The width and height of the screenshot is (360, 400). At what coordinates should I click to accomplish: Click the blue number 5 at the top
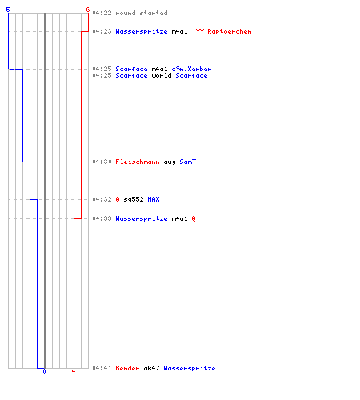tap(8, 10)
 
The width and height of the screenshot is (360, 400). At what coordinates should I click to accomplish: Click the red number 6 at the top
tap(88, 10)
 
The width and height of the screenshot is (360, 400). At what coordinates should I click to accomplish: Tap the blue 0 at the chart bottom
tap(44, 371)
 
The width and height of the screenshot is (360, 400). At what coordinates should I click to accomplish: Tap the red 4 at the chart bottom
tap(74, 371)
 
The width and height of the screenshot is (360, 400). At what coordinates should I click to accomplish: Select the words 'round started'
tap(142, 13)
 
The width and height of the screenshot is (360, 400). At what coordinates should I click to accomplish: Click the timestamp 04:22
tap(102, 13)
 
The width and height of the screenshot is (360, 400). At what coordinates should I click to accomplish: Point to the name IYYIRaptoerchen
tap(222, 31)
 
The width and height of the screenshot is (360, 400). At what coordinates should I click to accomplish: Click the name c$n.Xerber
tap(191, 69)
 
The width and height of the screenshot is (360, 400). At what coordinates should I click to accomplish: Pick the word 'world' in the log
tap(162, 75)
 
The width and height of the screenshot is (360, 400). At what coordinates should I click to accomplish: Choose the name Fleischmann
tap(138, 162)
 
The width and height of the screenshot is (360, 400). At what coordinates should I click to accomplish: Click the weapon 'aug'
tap(170, 162)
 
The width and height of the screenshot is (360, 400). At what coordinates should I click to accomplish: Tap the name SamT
tap(188, 162)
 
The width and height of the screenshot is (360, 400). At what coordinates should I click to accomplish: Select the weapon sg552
tap(134, 199)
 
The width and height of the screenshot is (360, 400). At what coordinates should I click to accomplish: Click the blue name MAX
tap(154, 199)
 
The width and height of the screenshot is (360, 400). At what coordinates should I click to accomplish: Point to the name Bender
tap(127, 368)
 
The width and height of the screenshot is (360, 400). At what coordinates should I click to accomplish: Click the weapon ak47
tap(151, 368)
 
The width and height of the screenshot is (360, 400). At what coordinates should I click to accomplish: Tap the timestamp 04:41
tap(102, 368)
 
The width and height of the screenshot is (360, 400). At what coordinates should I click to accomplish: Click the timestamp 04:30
tap(102, 162)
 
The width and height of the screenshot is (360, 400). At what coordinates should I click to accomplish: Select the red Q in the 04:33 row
tap(194, 218)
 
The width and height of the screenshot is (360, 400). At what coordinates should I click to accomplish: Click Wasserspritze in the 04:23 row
tap(142, 31)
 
